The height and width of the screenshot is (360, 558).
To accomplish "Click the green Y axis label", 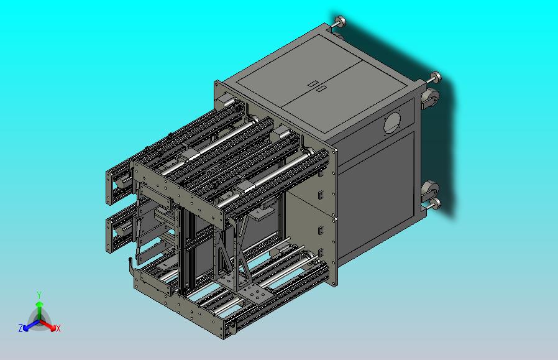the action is pos(39,295).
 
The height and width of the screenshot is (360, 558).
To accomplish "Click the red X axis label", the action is pos(58,328).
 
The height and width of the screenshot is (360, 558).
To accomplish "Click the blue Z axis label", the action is pos(21,328).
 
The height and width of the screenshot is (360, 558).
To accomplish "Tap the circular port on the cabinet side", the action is pos(392,123).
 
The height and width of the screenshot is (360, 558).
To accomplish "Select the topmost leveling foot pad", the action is pos(341,21).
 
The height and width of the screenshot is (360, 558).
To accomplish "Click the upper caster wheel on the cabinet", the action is pos(431,98).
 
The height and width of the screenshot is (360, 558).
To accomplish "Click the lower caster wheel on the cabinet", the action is pos(430,190).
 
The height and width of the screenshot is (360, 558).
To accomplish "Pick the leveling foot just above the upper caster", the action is pos(435,77).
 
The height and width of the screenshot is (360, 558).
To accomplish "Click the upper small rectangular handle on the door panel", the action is pos(313,84).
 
